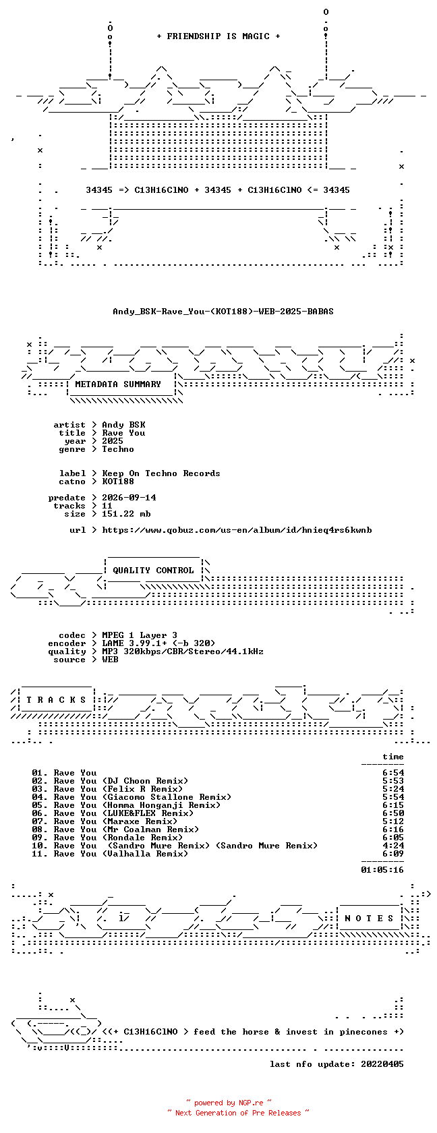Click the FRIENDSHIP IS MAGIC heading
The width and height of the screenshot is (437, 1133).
point(218,36)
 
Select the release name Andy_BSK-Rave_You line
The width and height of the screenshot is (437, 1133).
point(223,312)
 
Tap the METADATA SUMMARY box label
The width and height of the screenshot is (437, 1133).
point(118,384)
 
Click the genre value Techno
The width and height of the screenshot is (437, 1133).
point(118,449)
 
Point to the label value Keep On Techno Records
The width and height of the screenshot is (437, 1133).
point(161,473)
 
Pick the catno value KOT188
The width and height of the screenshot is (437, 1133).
point(118,482)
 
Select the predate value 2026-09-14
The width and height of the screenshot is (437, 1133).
point(129,498)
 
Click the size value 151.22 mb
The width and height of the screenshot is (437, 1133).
point(127,514)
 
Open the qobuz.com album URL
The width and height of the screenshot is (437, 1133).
point(237,530)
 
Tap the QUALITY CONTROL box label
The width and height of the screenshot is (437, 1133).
point(153,571)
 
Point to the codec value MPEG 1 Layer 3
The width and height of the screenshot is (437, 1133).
point(140,635)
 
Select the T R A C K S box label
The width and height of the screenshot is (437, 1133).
point(56,700)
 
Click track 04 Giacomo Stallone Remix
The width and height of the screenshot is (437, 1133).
point(132,797)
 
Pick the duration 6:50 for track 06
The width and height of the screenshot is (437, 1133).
point(393,813)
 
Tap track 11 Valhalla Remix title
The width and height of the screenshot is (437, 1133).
point(110,854)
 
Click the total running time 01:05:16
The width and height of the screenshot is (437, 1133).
point(382,870)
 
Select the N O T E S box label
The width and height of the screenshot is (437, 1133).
point(370,919)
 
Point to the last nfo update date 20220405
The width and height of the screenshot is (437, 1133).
point(382,1064)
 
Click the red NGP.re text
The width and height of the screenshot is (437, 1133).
point(251,1103)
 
